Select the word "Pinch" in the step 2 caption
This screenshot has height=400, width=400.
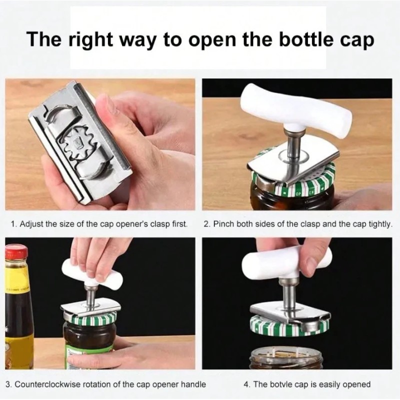tap(223, 224)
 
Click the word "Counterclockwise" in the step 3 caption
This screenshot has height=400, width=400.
tap(47, 384)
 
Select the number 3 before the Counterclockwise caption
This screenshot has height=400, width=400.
tap(8, 384)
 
